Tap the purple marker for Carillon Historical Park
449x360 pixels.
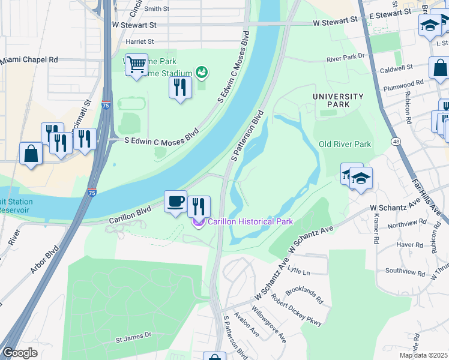click(x=198, y=222)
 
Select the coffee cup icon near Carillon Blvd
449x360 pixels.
click(x=176, y=202)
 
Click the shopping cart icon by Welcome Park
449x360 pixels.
click(x=136, y=64)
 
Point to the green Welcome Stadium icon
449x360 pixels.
click(x=202, y=73)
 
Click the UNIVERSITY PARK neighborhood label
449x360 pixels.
click(x=338, y=100)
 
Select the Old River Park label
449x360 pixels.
click(x=345, y=144)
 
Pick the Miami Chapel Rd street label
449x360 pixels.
click(x=29, y=60)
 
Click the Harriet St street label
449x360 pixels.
click(x=140, y=42)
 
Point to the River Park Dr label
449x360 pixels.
click(x=346, y=58)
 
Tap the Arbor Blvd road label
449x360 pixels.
click(x=45, y=260)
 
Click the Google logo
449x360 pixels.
click(x=19, y=353)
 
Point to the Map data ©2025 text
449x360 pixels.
click(x=423, y=355)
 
